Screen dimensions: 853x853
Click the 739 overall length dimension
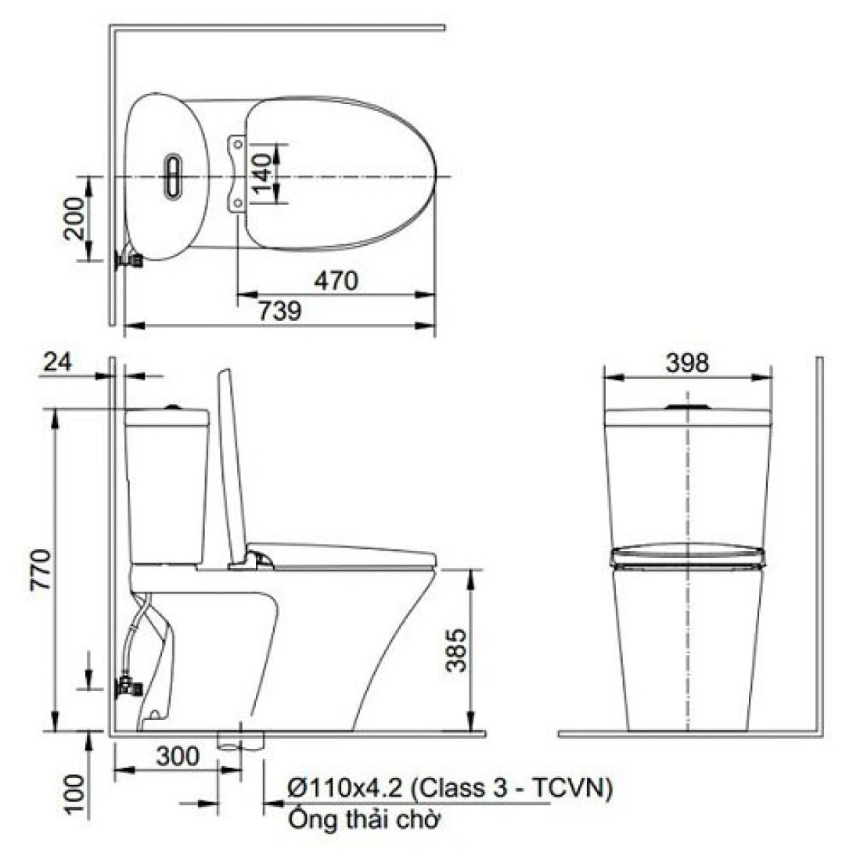pos(279,312)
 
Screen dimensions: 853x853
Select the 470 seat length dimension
pos(337,281)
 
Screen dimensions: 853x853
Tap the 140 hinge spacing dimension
pos(264,175)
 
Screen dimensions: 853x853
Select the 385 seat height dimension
pos(458,650)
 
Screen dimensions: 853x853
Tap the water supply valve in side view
pos(128,687)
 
